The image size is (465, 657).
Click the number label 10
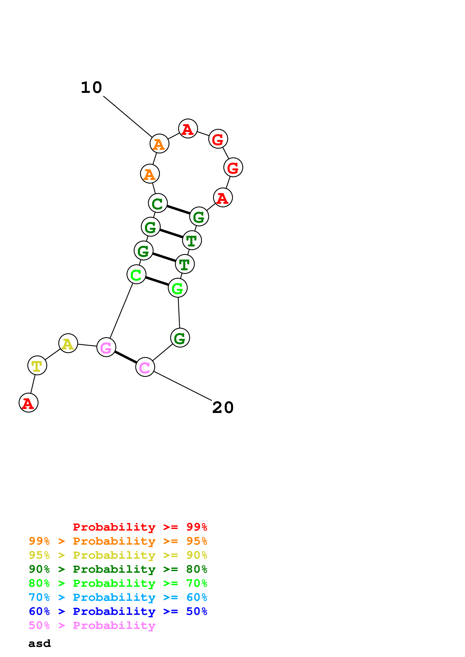point(91,88)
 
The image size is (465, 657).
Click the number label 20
point(223,408)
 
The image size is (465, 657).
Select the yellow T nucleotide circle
point(37,365)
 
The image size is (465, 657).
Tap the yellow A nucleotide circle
point(68,343)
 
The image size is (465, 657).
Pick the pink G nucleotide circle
point(106,347)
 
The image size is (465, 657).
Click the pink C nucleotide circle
point(145,367)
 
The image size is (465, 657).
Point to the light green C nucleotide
point(136,274)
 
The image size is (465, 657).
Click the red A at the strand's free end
point(28,403)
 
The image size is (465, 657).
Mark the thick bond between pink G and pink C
point(125,357)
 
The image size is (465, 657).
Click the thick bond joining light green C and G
point(157,281)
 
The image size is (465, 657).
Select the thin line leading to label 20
point(183,386)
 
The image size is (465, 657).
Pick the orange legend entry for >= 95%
point(118,541)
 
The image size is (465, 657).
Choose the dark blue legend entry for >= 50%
point(118,611)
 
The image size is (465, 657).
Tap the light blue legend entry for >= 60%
point(118,597)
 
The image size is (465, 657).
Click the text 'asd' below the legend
point(40,644)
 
